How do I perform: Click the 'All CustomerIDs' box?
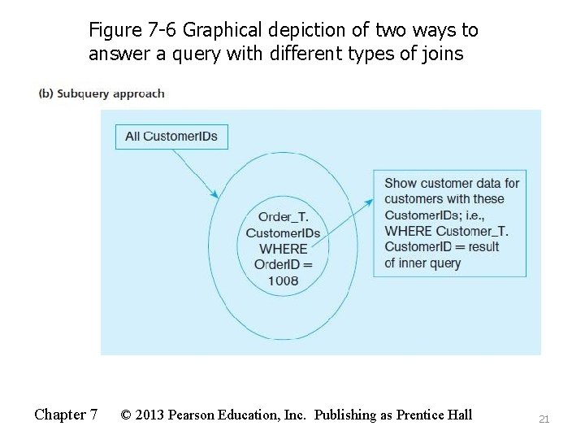[x=171, y=137]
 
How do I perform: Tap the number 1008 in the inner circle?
[x=282, y=280]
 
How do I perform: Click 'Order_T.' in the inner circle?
[x=283, y=217]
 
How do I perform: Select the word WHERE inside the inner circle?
[x=283, y=249]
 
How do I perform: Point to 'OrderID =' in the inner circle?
[x=283, y=264]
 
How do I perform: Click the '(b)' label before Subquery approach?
[x=46, y=93]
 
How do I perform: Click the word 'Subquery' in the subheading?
[x=82, y=93]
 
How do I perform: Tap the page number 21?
[x=544, y=419]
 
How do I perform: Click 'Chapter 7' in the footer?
[x=66, y=415]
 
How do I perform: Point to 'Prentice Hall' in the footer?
[x=434, y=415]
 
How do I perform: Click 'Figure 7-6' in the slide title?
[x=132, y=31]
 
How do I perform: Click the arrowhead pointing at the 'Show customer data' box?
[x=370, y=201]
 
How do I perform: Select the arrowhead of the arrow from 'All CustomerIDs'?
[x=214, y=194]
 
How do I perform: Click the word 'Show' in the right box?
[x=401, y=183]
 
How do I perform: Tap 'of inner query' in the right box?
[x=422, y=263]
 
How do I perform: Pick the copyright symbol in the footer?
[x=127, y=415]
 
